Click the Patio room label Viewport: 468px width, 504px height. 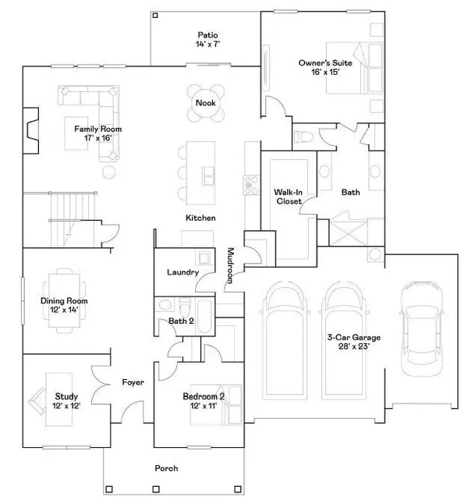pyautogui.click(x=207, y=34)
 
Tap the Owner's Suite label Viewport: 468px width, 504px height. pyautogui.click(x=325, y=62)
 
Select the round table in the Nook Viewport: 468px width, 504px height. pyautogui.click(x=206, y=103)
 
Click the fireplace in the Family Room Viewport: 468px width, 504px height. pyautogui.click(x=31, y=130)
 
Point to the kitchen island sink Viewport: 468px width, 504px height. pyautogui.click(x=208, y=176)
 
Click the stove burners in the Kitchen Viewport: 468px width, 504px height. pyautogui.click(x=251, y=185)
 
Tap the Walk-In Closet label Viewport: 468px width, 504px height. pyautogui.click(x=289, y=197)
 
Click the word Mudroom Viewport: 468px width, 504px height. pyautogui.click(x=230, y=265)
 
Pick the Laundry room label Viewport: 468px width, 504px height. pyautogui.click(x=183, y=272)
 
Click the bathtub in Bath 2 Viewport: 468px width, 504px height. pyautogui.click(x=204, y=317)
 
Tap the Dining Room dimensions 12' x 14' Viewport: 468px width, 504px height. pyautogui.click(x=64, y=310)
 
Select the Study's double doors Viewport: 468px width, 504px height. pyautogui.click(x=101, y=385)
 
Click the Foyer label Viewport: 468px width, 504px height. pyautogui.click(x=133, y=382)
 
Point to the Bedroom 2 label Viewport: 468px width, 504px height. pyautogui.click(x=204, y=396)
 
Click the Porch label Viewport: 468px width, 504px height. pyautogui.click(x=166, y=468)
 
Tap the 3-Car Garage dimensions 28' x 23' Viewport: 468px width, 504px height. pyautogui.click(x=354, y=346)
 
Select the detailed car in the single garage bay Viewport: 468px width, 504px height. pyautogui.click(x=422, y=329)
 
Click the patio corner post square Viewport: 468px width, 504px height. pyautogui.click(x=155, y=15)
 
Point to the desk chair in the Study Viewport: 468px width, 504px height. pyautogui.click(x=38, y=401)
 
